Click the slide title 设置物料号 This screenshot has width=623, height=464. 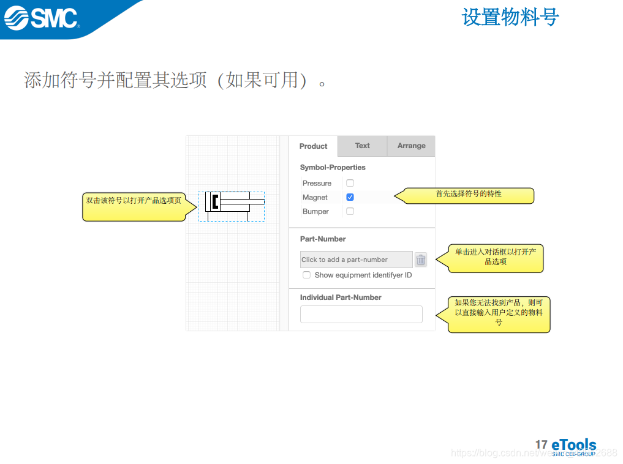[510, 17]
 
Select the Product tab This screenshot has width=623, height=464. [313, 146]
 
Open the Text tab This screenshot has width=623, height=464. [362, 146]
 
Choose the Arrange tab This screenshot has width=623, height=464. [411, 146]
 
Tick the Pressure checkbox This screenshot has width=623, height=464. [350, 183]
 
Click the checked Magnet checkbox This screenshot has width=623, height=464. [350, 197]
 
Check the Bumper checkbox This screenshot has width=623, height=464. [350, 211]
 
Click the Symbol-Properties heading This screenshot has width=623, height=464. [333, 167]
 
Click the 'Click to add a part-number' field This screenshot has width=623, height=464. [356, 260]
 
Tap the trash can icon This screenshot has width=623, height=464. [421, 260]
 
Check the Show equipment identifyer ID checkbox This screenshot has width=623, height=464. [307, 275]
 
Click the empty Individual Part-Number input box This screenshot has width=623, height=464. [361, 314]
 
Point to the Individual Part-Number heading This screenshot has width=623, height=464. [341, 297]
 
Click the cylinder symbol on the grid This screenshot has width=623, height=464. [233, 203]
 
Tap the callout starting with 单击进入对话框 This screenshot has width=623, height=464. [496, 258]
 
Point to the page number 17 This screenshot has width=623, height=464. [541, 445]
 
